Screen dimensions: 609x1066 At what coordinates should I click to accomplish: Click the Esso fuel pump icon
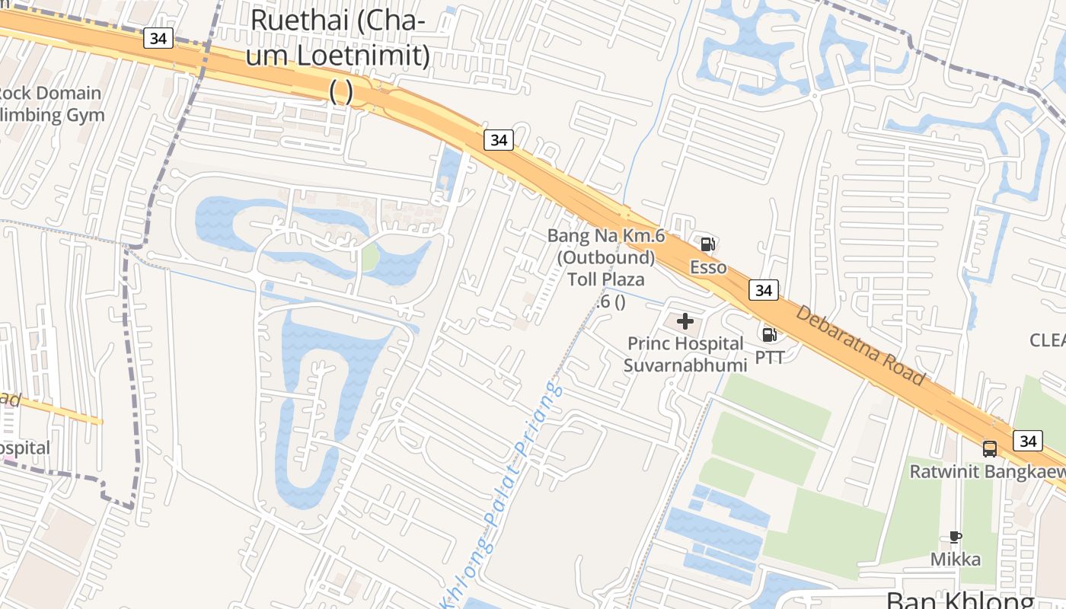[707, 244]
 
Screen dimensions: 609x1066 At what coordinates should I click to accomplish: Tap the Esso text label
[708, 267]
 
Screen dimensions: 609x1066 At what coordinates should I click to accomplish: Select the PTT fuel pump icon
[770, 334]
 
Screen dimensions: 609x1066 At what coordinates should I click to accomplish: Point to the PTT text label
[770, 356]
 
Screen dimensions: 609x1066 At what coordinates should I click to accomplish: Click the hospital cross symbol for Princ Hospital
[685, 321]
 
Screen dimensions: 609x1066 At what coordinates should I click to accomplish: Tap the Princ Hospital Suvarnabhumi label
[685, 354]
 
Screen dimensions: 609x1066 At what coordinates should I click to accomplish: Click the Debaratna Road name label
[860, 346]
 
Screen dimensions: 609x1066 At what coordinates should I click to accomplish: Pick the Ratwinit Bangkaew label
[988, 471]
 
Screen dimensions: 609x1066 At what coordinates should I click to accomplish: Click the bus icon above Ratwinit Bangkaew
[990, 448]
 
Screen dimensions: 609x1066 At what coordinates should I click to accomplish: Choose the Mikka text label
[956, 560]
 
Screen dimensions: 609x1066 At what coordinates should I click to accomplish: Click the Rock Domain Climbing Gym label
[49, 104]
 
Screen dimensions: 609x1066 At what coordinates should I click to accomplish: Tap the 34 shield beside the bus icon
[1028, 440]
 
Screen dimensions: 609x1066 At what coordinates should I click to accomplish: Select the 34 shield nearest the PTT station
[763, 290]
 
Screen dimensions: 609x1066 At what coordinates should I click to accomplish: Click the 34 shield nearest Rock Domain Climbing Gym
[158, 38]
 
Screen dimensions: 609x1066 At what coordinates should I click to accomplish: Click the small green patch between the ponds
[370, 257]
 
